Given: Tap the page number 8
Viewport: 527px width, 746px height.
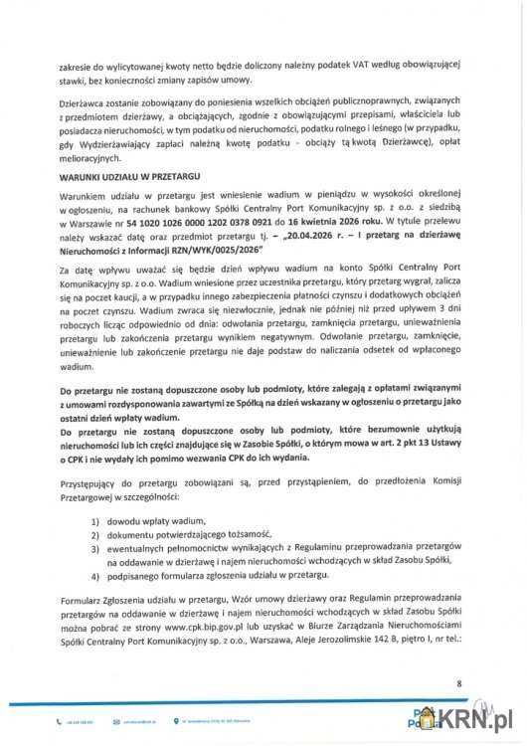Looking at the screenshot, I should (x=459, y=684).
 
